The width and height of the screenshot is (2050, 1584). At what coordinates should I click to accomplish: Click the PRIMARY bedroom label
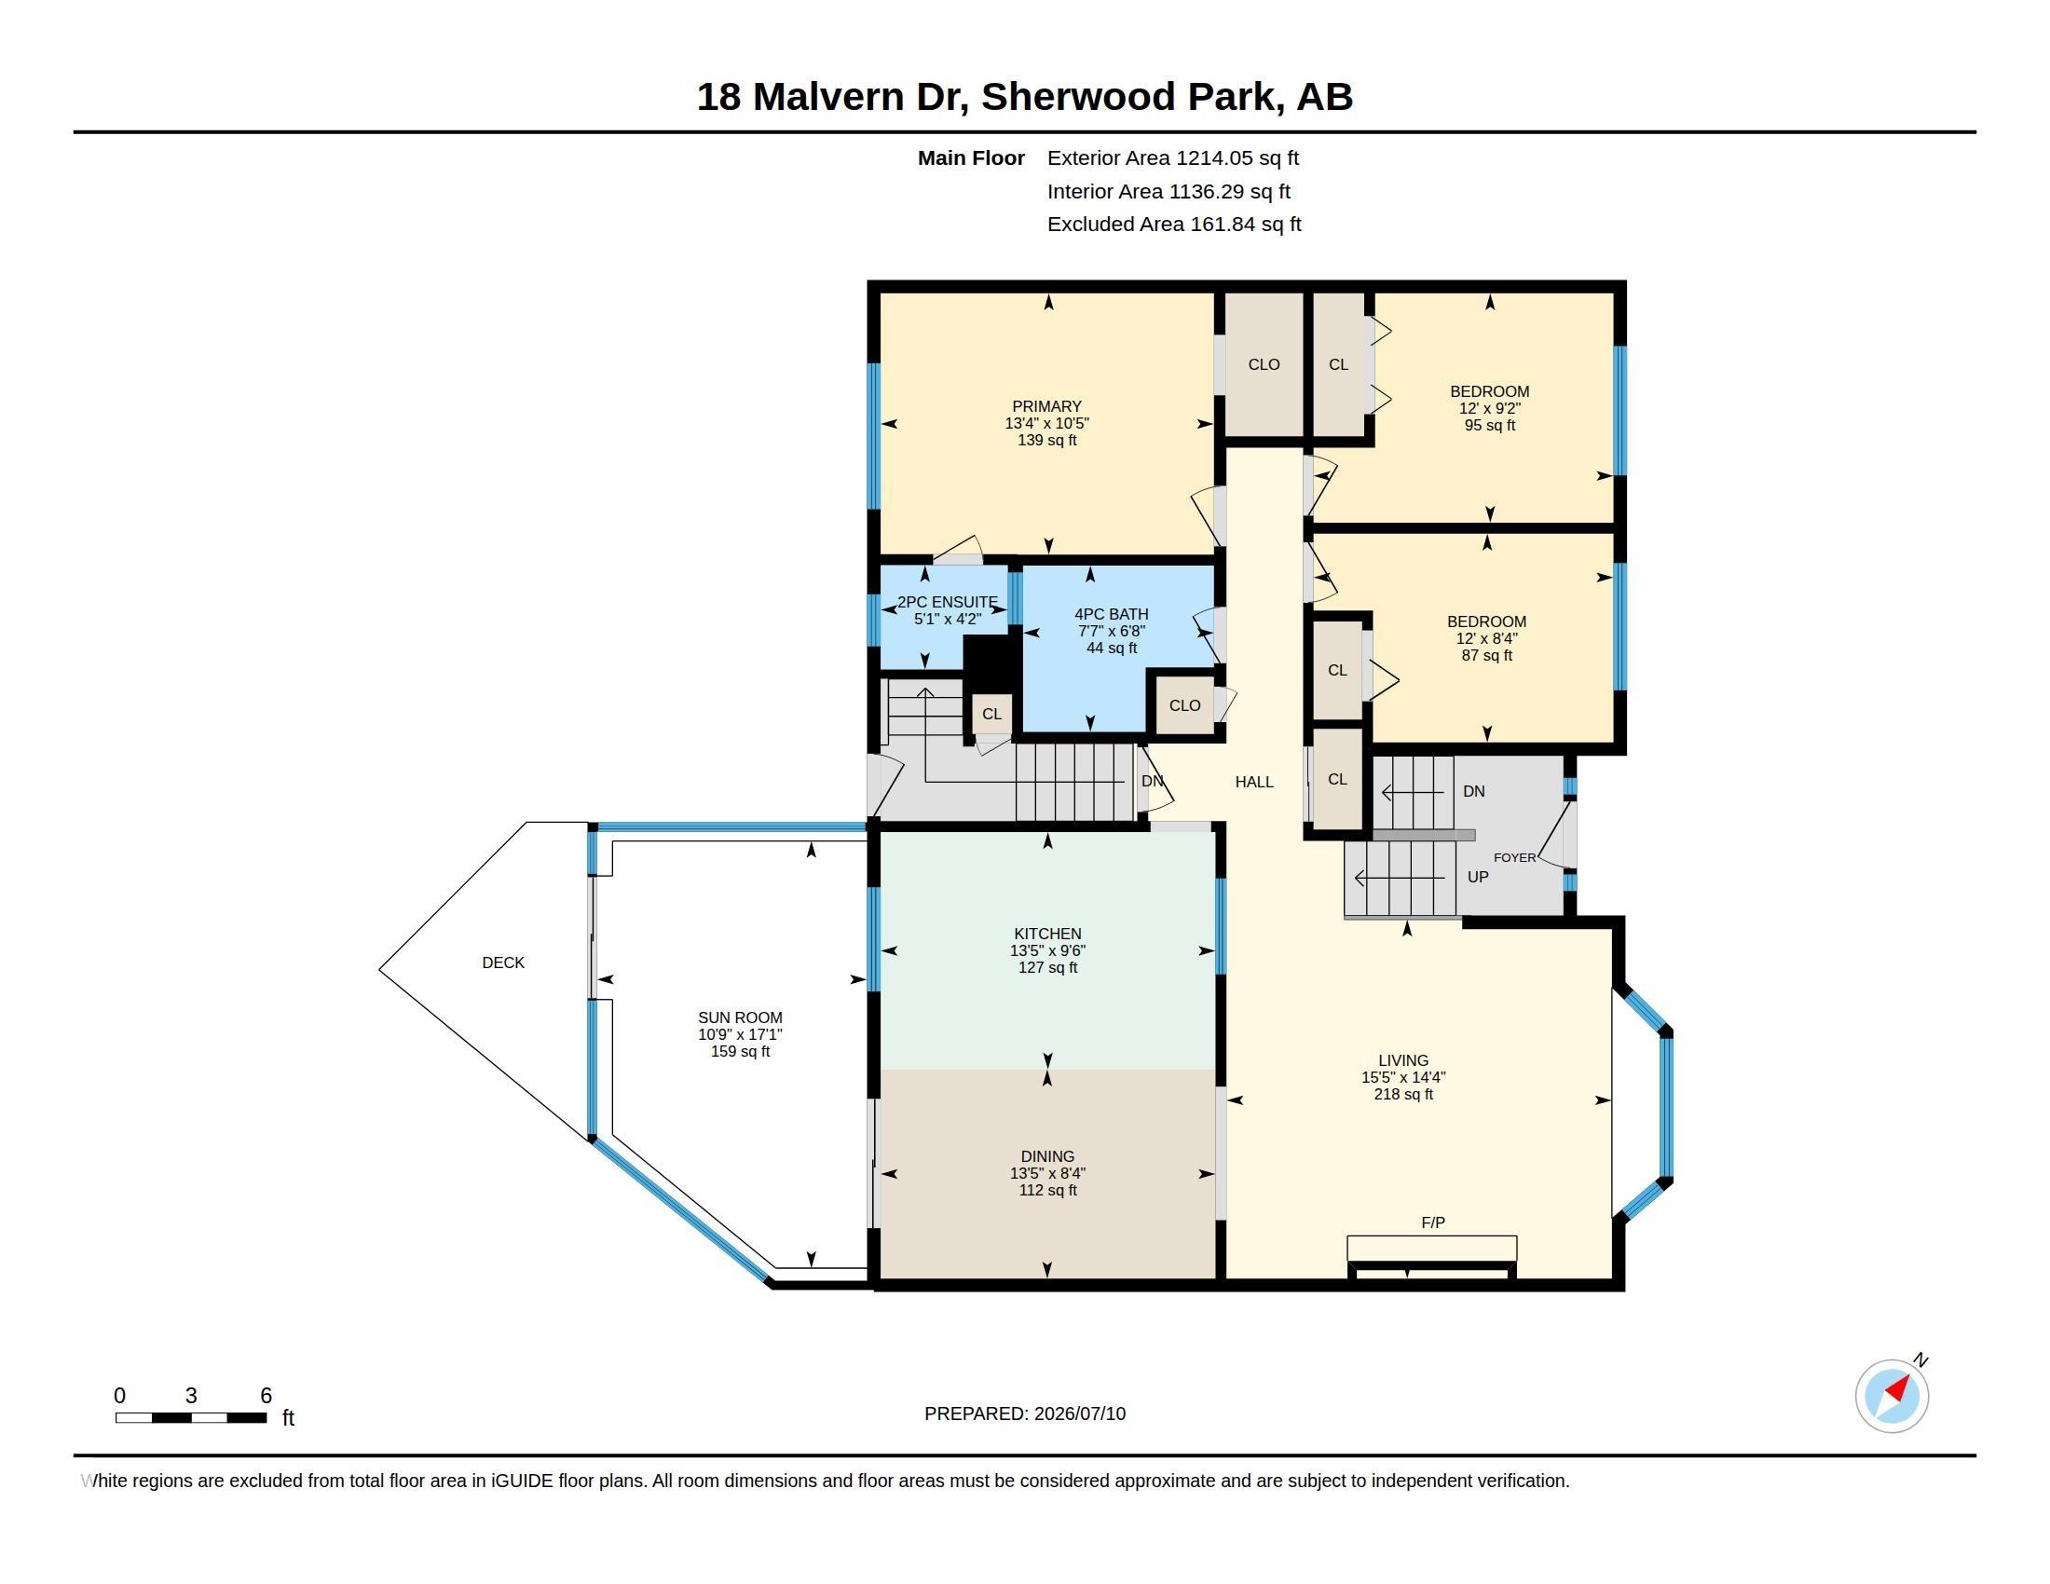[x=1046, y=406]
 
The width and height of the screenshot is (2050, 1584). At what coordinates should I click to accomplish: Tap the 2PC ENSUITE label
[x=947, y=603]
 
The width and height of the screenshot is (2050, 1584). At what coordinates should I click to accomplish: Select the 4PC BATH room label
[x=1112, y=615]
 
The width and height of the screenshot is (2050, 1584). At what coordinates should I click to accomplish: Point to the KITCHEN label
[x=1047, y=934]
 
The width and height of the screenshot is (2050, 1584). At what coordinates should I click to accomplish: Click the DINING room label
[x=1047, y=1156]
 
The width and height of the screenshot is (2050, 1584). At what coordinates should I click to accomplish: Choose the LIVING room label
[x=1403, y=1060]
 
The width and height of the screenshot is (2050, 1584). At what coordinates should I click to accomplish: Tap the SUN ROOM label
[x=740, y=1017]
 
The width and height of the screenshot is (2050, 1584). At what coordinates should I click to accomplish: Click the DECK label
[x=503, y=963]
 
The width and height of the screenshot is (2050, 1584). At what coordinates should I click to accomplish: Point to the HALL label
[x=1254, y=782]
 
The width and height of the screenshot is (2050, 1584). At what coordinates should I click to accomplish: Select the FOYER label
[x=1515, y=857]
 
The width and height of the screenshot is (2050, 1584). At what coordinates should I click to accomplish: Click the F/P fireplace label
[x=1432, y=1222]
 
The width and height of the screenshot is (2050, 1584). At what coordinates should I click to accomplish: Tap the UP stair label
[x=1478, y=877]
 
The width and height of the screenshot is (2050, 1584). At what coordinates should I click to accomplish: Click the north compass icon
[x=1893, y=1396]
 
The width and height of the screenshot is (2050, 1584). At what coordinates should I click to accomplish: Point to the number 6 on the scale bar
[x=266, y=1396]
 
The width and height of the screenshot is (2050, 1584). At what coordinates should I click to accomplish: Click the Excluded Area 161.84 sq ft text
[x=1174, y=225]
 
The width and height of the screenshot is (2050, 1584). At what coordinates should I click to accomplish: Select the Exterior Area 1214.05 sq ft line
[x=1173, y=158]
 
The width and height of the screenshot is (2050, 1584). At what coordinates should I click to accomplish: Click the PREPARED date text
[x=1025, y=1413]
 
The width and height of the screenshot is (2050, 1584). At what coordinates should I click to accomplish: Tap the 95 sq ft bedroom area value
[x=1490, y=425]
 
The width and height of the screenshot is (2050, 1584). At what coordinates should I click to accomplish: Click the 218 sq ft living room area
[x=1403, y=1094]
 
